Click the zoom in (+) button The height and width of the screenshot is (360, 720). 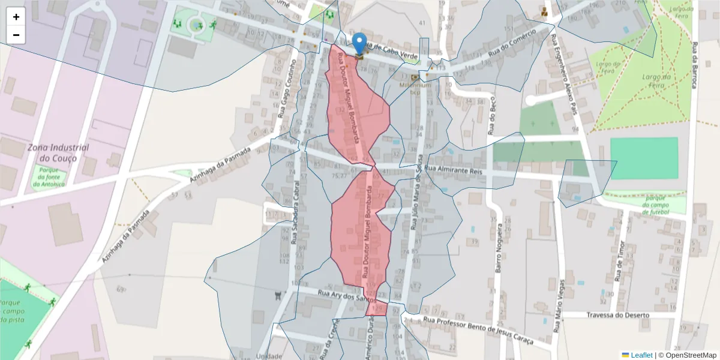point(16,17)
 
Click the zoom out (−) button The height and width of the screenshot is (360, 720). point(16,35)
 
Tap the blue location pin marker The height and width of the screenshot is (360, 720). point(359,44)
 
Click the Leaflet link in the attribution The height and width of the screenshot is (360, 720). point(641,355)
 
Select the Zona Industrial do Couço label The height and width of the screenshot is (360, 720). point(58,153)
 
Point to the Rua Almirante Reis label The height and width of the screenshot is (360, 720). point(453,170)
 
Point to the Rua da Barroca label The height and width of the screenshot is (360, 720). point(695,65)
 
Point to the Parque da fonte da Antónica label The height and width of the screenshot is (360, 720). point(49,177)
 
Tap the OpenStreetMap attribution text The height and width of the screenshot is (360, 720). point(688,355)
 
